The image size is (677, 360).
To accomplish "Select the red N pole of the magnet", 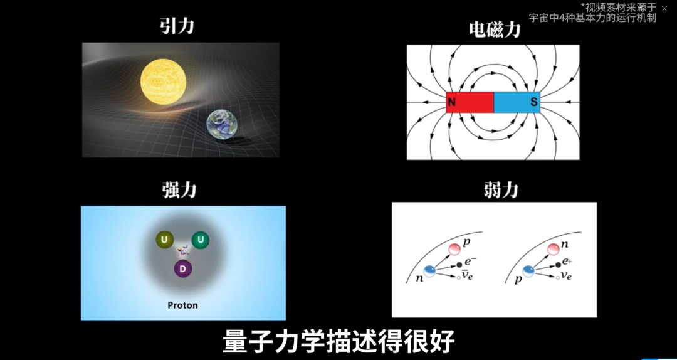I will pos(470,102).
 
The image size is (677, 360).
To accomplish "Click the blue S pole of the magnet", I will pos(517,102).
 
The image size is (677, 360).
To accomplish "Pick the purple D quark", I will pos(183,269).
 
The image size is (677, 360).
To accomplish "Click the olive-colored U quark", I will pos(165,240).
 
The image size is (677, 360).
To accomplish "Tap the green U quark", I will pos(201,240).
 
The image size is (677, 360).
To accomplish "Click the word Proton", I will pos(182,305).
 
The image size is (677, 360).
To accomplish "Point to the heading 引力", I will pos(176,26).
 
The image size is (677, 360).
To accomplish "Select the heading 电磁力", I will pos(495,29).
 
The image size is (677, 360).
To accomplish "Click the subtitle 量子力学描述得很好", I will pos(338,342).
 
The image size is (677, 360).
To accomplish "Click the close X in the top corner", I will pos(664,9).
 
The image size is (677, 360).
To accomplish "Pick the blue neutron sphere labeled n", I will pos(430,271).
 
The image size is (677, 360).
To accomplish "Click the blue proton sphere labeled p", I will pos(529,271).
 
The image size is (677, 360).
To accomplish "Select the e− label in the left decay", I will pos(470,259).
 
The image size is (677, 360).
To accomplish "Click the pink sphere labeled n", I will pos(553,250).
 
